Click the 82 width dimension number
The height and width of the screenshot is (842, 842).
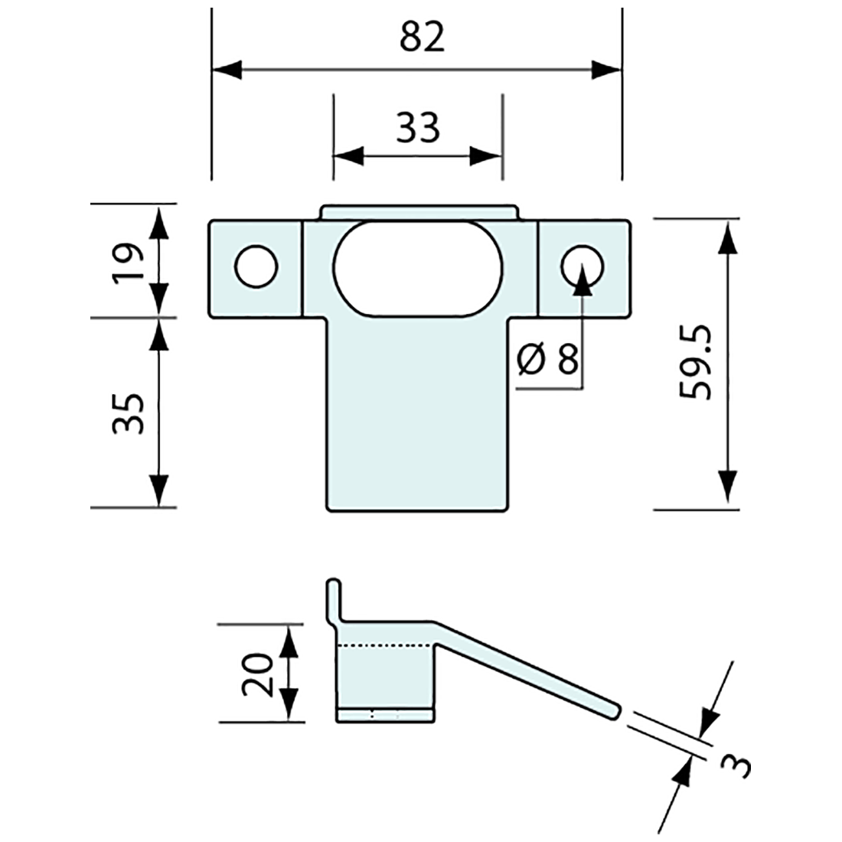point(422,38)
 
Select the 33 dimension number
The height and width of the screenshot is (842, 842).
point(418,128)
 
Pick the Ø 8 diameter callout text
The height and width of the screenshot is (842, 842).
point(547,359)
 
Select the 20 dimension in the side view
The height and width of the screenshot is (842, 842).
point(257,674)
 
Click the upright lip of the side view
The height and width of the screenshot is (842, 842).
point(334,600)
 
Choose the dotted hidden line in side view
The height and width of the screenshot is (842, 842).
point(386,646)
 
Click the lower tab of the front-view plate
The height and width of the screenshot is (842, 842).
point(418,429)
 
